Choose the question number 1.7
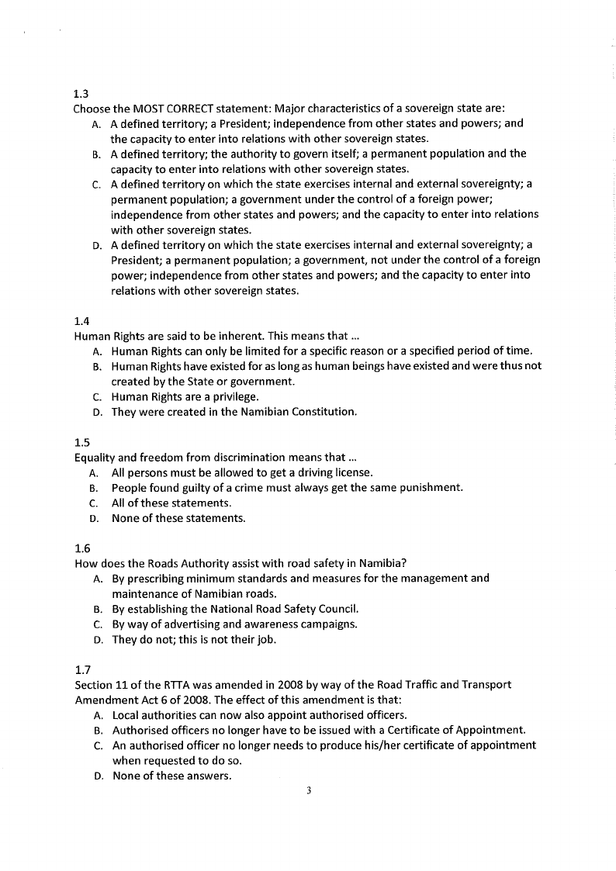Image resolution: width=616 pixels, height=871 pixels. tap(81, 669)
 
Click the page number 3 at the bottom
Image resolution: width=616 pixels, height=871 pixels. tap(308, 791)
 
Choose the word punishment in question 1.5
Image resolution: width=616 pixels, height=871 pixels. tap(427, 488)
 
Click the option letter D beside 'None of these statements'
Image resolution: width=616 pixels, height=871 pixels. tap(93, 518)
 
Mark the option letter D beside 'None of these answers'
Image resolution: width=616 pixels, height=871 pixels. tap(98, 776)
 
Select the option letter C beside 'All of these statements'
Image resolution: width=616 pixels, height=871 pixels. tap(93, 503)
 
